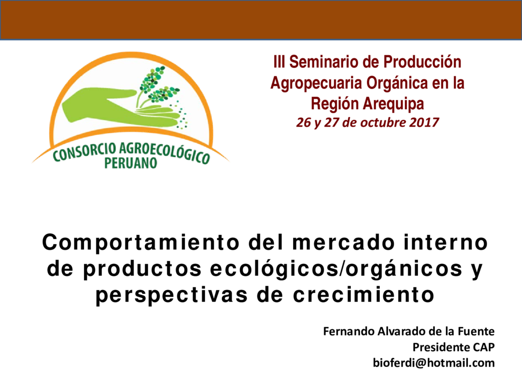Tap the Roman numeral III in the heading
pyautogui.click(x=279, y=62)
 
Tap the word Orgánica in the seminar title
pyautogui.click(x=397, y=83)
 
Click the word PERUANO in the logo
pyautogui.click(x=130, y=163)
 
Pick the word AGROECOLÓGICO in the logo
pyautogui.click(x=165, y=153)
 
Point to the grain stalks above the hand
pyautogui.click(x=156, y=85)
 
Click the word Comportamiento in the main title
pyautogui.click(x=141, y=242)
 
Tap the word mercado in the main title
pyautogui.click(x=344, y=242)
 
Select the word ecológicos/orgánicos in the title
pyautogui.click(x=336, y=269)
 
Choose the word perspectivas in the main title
pyautogui.click(x=172, y=295)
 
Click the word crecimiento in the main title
pyautogui.click(x=363, y=295)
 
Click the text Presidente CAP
pyautogui.click(x=453, y=347)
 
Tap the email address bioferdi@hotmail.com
pyautogui.click(x=434, y=363)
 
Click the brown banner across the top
pyautogui.click(x=261, y=20)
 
